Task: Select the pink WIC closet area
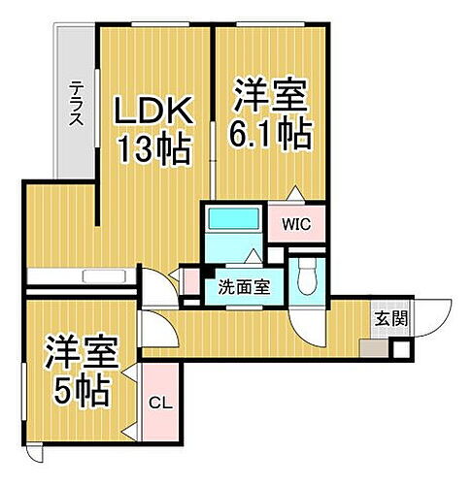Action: pyautogui.click(x=296, y=233)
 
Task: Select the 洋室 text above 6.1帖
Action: pyautogui.click(x=271, y=96)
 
